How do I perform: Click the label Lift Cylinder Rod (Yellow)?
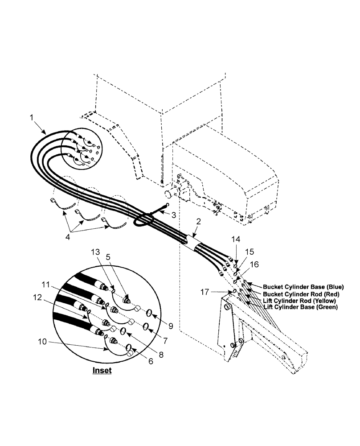coord(300,301)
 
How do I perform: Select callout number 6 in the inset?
coord(150,361)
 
